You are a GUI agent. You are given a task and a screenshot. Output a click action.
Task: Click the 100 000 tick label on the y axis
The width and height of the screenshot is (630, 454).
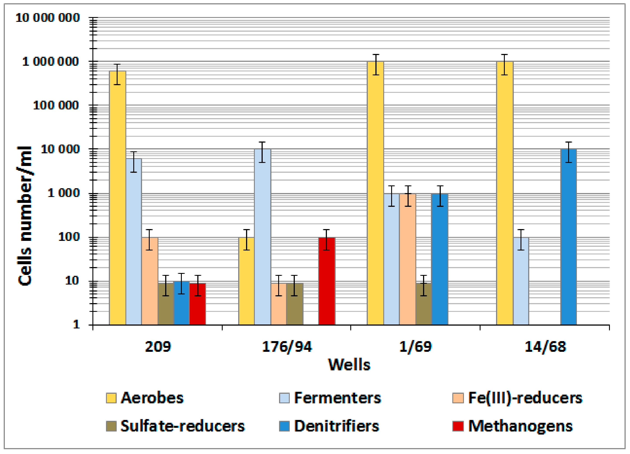[56, 105]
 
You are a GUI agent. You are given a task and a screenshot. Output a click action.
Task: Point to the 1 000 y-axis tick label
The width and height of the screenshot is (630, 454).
[64, 193]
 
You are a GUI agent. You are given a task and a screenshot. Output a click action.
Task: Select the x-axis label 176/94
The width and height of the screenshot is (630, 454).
[287, 347]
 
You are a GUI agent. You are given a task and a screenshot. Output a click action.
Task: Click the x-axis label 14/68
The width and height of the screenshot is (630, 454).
[545, 347]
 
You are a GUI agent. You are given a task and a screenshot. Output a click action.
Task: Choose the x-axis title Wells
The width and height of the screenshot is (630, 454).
[349, 365]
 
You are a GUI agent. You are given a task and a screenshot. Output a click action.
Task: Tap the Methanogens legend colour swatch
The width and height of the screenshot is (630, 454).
[458, 426]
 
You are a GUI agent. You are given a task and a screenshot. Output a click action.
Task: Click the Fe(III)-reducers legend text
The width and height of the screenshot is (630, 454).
[525, 398]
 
